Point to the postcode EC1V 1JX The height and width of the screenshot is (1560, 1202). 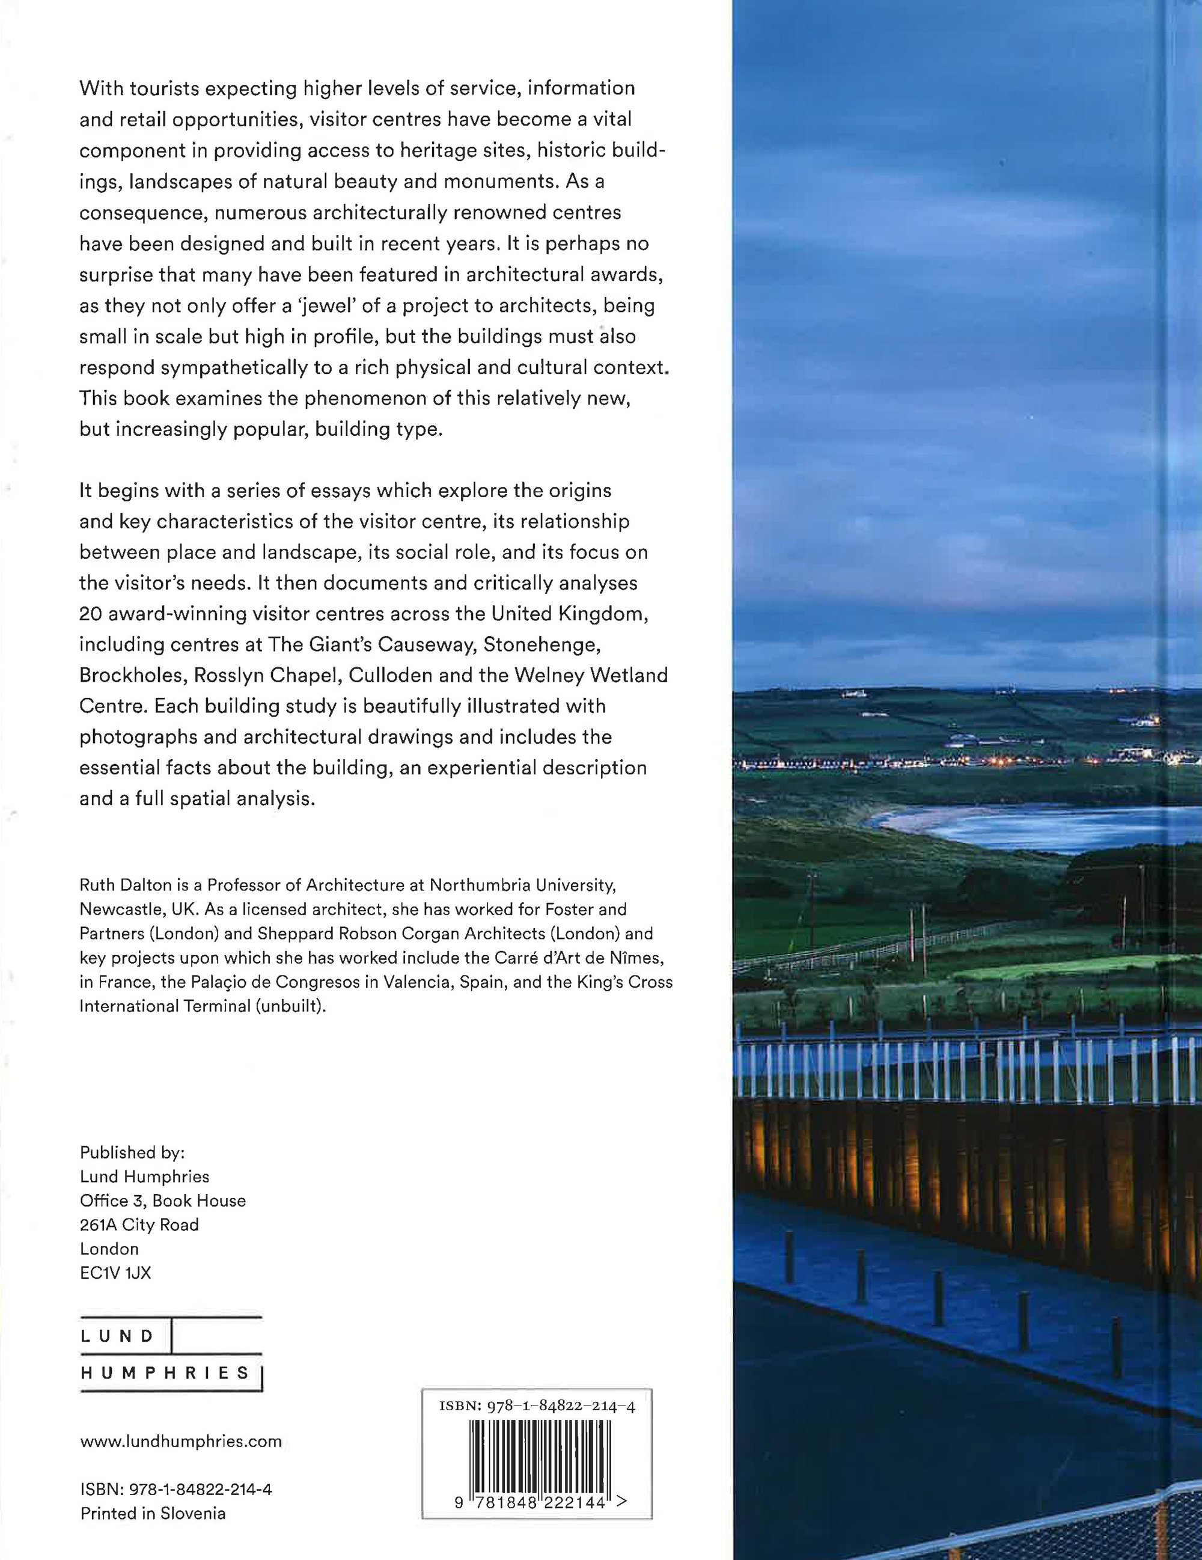point(116,1272)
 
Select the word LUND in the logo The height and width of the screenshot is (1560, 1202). point(118,1336)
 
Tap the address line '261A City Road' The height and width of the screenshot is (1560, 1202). point(139,1225)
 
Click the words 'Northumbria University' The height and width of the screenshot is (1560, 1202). point(521,885)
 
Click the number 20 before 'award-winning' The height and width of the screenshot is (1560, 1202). point(91,614)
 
